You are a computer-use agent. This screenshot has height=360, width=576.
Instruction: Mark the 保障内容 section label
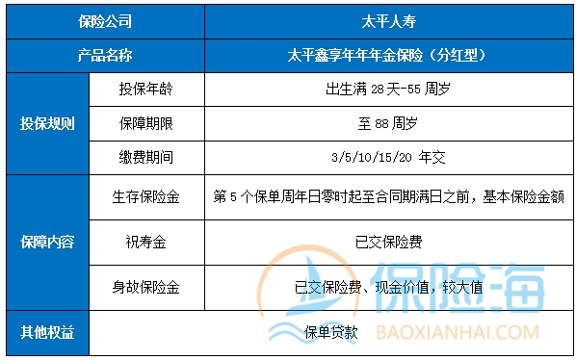click(x=48, y=243)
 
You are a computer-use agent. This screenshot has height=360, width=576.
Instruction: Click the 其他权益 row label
click(x=48, y=332)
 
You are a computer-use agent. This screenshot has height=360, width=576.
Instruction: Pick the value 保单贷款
click(x=331, y=333)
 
